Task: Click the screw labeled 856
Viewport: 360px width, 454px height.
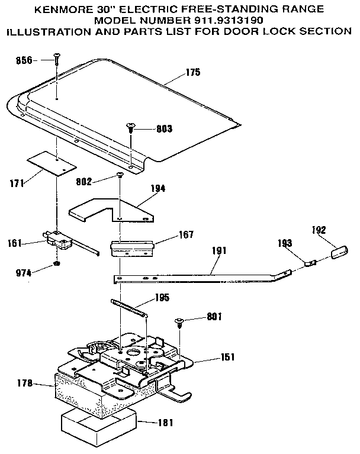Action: point(56,59)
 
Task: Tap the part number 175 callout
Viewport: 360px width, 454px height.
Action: point(193,72)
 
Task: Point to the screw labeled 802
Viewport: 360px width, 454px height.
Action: point(120,175)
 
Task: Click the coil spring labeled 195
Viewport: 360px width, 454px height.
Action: point(128,309)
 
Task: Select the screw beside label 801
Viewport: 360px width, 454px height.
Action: point(178,323)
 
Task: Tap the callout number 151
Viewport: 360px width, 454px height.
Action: point(227,358)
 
